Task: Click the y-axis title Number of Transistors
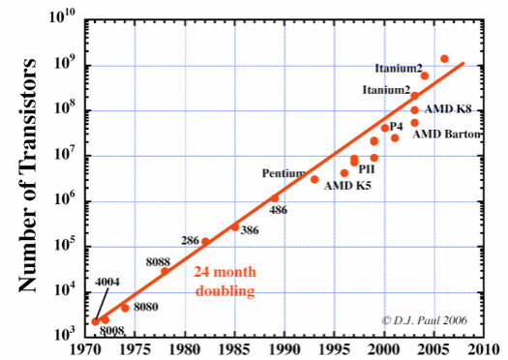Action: (28, 173)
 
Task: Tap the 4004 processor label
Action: (107, 282)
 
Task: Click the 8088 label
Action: (158, 261)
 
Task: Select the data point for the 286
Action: (205, 242)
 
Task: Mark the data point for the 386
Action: (235, 227)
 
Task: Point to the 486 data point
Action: (275, 198)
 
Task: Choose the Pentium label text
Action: (284, 173)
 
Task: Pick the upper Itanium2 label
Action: (398, 68)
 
